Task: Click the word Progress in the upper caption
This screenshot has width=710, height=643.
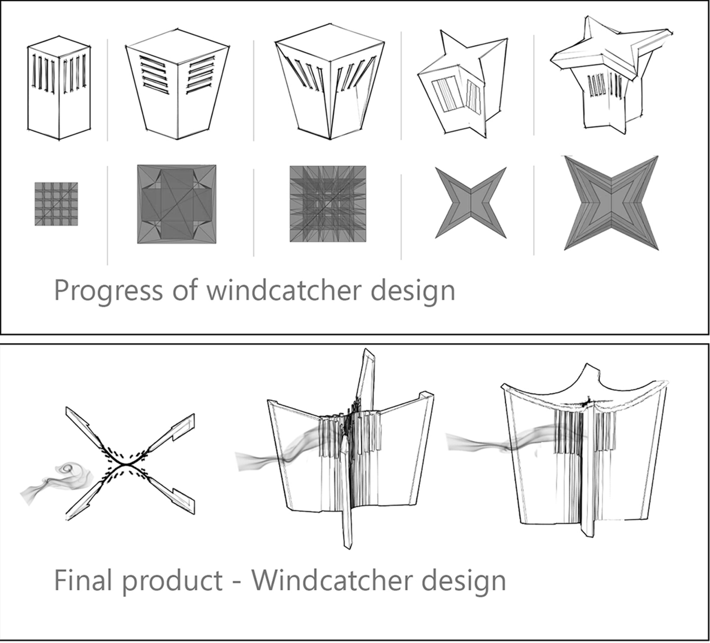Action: click(x=108, y=291)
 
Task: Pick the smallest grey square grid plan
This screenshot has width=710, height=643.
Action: click(x=56, y=204)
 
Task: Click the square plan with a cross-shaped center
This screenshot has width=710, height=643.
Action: click(x=177, y=204)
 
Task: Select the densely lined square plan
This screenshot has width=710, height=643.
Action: click(x=328, y=204)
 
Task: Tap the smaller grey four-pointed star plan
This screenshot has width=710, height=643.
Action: click(x=471, y=203)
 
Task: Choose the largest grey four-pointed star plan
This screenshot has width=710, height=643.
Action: click(x=611, y=203)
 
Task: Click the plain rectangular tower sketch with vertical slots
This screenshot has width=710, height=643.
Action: click(x=59, y=88)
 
